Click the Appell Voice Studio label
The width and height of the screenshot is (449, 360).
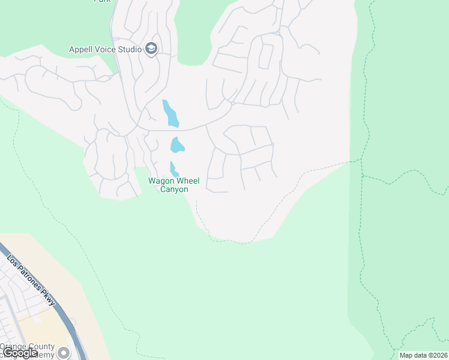coord(106,49)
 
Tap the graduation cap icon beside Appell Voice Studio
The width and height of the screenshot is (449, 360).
coord(151,49)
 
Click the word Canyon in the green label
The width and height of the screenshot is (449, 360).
coord(173,190)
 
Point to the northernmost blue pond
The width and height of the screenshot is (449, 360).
coord(170,113)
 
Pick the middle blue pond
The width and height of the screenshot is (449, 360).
coord(176,145)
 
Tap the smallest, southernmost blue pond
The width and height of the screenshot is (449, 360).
coord(173,169)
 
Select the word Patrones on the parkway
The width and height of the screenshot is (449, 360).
coord(31,279)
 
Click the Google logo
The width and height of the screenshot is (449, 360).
coord(20,353)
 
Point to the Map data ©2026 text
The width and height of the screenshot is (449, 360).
coord(423,355)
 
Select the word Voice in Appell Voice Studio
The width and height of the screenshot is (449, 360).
coord(106,49)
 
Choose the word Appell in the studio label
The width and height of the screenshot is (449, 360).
coord(82,49)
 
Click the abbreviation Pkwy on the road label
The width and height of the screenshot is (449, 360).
coord(48,297)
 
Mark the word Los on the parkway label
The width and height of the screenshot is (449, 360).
coord(13,261)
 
